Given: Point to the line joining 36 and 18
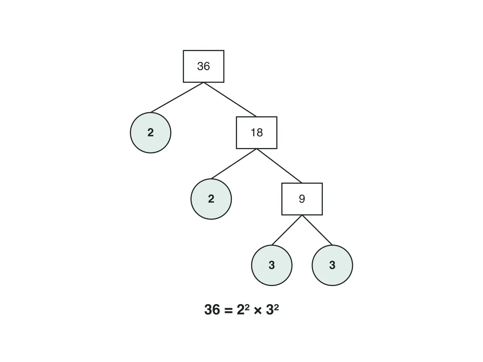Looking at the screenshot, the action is pyautogui.click(x=230, y=100).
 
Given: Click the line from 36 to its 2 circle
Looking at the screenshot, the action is pyautogui.click(x=177, y=97).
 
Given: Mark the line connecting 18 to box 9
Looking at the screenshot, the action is pyautogui.click(x=279, y=166).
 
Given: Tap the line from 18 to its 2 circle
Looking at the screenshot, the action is pyautogui.click(x=234, y=164).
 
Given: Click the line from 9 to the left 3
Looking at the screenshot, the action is pyautogui.click(x=287, y=230).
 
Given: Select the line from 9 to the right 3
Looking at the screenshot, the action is pyautogui.click(x=317, y=230).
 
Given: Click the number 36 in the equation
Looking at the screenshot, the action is pyautogui.click(x=212, y=310).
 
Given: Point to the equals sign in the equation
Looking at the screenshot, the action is pyautogui.click(x=228, y=311).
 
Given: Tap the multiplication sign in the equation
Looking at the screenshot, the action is pyautogui.click(x=258, y=311).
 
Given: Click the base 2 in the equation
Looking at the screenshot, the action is pyautogui.click(x=241, y=310).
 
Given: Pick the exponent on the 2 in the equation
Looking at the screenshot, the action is pyautogui.click(x=247, y=307).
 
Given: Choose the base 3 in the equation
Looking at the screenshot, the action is pyautogui.click(x=270, y=310).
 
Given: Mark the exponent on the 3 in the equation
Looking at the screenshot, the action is pyautogui.click(x=277, y=307).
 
